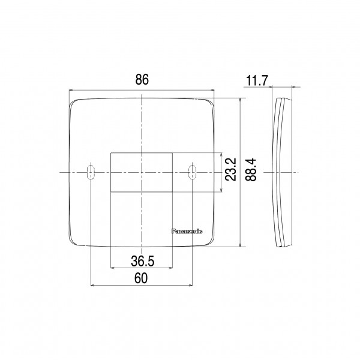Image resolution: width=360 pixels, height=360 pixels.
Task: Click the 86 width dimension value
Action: [x=142, y=79]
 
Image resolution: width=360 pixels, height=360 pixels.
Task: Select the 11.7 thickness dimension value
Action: [x=257, y=80]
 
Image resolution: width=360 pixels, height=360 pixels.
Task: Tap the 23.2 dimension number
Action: [x=230, y=169]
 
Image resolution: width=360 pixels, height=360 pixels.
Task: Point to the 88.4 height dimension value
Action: [x=250, y=169]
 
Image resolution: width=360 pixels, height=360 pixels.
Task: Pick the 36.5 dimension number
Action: [x=143, y=261]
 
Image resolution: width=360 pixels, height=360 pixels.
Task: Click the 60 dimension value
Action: [x=141, y=278]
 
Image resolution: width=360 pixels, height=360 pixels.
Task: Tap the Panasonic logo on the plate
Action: [x=187, y=231]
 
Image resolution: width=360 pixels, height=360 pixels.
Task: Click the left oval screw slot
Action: [x=91, y=172]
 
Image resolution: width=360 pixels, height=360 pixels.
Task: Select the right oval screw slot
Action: [x=192, y=172]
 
